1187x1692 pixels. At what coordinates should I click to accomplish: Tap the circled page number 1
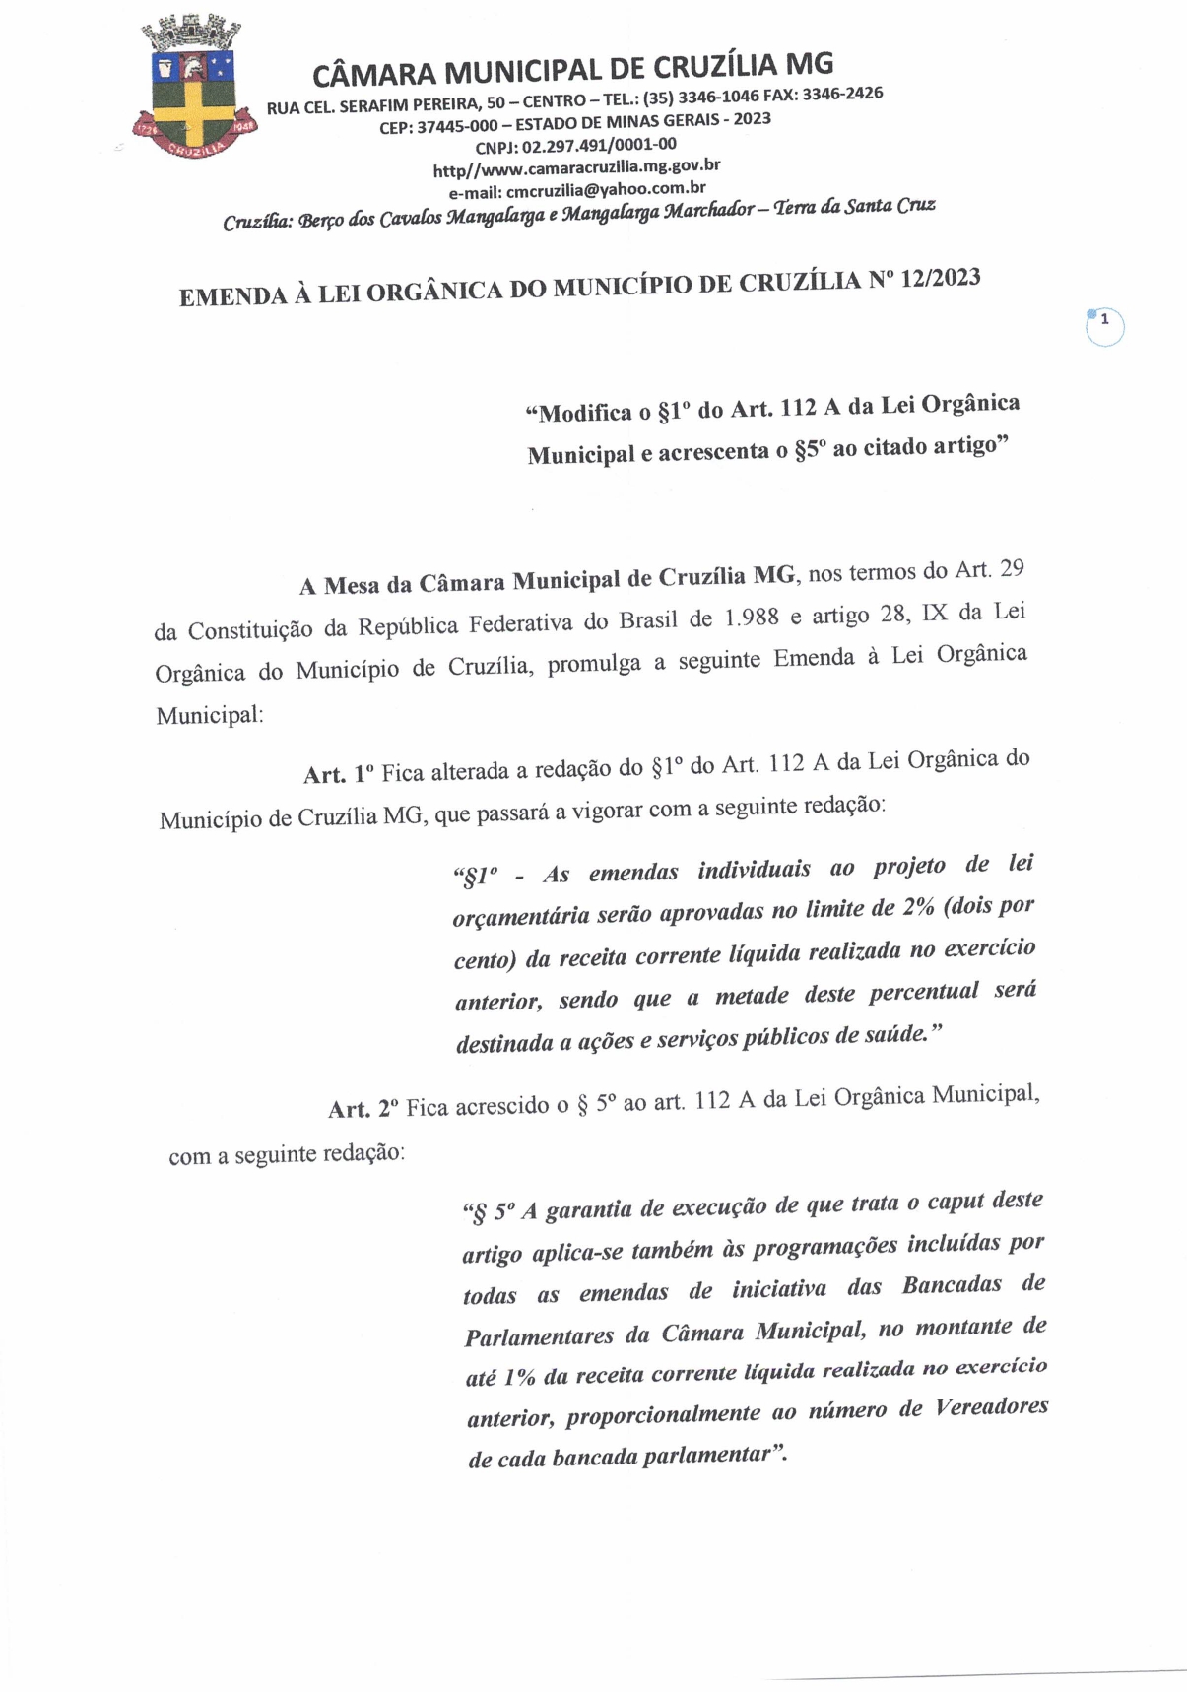tap(1104, 326)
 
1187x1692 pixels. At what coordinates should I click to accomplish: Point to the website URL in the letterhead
tap(576, 167)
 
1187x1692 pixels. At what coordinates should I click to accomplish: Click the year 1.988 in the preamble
tap(752, 619)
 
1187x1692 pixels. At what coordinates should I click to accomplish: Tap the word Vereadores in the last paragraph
tap(992, 1406)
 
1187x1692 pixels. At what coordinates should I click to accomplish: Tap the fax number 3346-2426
tap(843, 94)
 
